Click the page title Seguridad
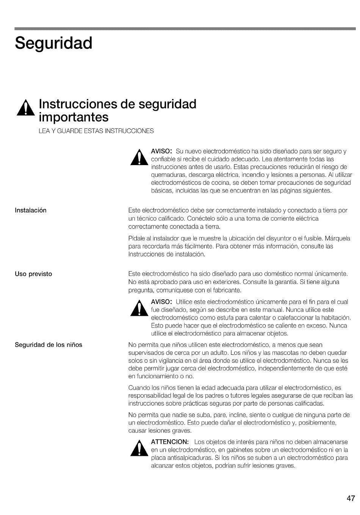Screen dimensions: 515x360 pyautogui.click(x=53, y=44)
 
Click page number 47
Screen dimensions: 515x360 pyautogui.click(x=351, y=498)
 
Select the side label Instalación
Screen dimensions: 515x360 pyautogui.click(x=30, y=211)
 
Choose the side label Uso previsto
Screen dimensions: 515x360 pyautogui.click(x=33, y=274)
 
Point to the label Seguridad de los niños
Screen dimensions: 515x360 pyautogui.click(x=49, y=345)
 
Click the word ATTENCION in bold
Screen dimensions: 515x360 pyautogui.click(x=170, y=442)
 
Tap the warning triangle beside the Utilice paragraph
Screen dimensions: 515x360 pyautogui.click(x=139, y=309)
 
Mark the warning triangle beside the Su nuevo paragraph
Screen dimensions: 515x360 pyautogui.click(x=139, y=158)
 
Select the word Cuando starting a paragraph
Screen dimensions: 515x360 pyautogui.click(x=139, y=388)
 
